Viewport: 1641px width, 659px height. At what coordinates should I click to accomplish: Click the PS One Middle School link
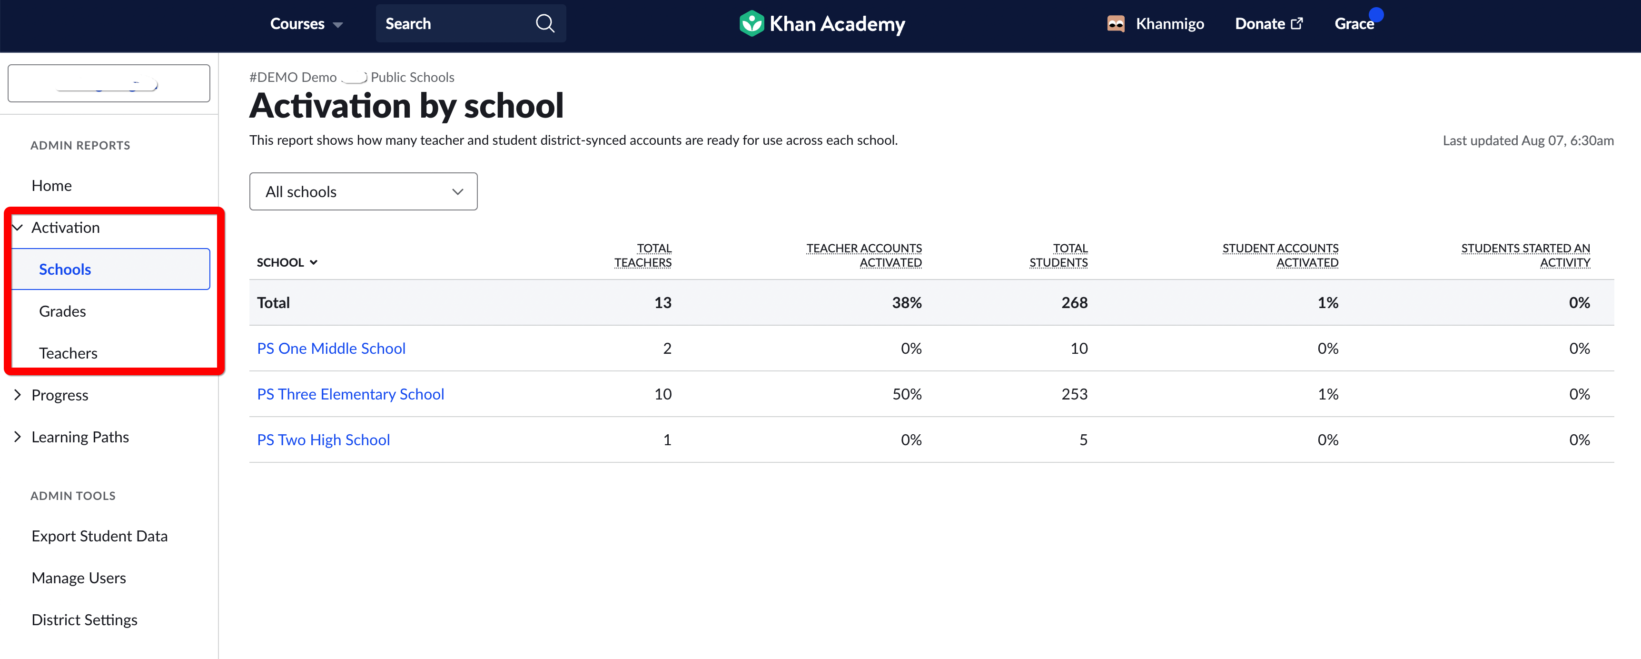pyautogui.click(x=331, y=349)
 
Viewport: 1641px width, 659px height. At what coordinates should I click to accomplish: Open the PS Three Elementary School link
pyautogui.click(x=350, y=395)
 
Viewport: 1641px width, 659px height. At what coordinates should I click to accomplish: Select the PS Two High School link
pyautogui.click(x=323, y=440)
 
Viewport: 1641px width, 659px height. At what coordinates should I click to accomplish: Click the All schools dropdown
pyautogui.click(x=363, y=192)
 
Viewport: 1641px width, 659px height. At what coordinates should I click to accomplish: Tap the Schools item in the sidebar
pyautogui.click(x=65, y=270)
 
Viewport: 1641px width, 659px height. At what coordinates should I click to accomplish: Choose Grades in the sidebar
pyautogui.click(x=62, y=312)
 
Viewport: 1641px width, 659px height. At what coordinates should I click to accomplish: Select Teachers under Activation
pyautogui.click(x=68, y=354)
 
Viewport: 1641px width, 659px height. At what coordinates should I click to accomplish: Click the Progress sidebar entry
pyautogui.click(x=60, y=395)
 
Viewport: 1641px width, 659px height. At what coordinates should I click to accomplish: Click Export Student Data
pyautogui.click(x=99, y=537)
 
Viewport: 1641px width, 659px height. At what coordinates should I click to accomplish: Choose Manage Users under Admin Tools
pyautogui.click(x=79, y=578)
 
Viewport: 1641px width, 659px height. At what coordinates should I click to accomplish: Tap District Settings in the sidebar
pyautogui.click(x=84, y=620)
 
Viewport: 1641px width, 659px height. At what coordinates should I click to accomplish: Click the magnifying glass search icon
pyautogui.click(x=544, y=24)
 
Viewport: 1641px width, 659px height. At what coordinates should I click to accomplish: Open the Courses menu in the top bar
pyautogui.click(x=306, y=24)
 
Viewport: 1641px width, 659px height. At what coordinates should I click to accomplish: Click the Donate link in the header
pyautogui.click(x=1268, y=24)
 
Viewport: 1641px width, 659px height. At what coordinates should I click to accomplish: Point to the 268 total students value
pyautogui.click(x=1074, y=303)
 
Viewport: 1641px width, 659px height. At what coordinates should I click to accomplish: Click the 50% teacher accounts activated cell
pyautogui.click(x=907, y=395)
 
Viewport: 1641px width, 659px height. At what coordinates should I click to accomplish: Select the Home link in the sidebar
pyautogui.click(x=51, y=186)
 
